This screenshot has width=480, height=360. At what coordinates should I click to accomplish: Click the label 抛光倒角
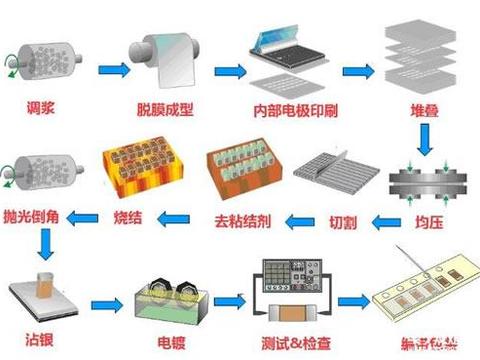[x=40, y=215]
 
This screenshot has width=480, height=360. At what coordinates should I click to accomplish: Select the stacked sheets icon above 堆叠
[x=412, y=50]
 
